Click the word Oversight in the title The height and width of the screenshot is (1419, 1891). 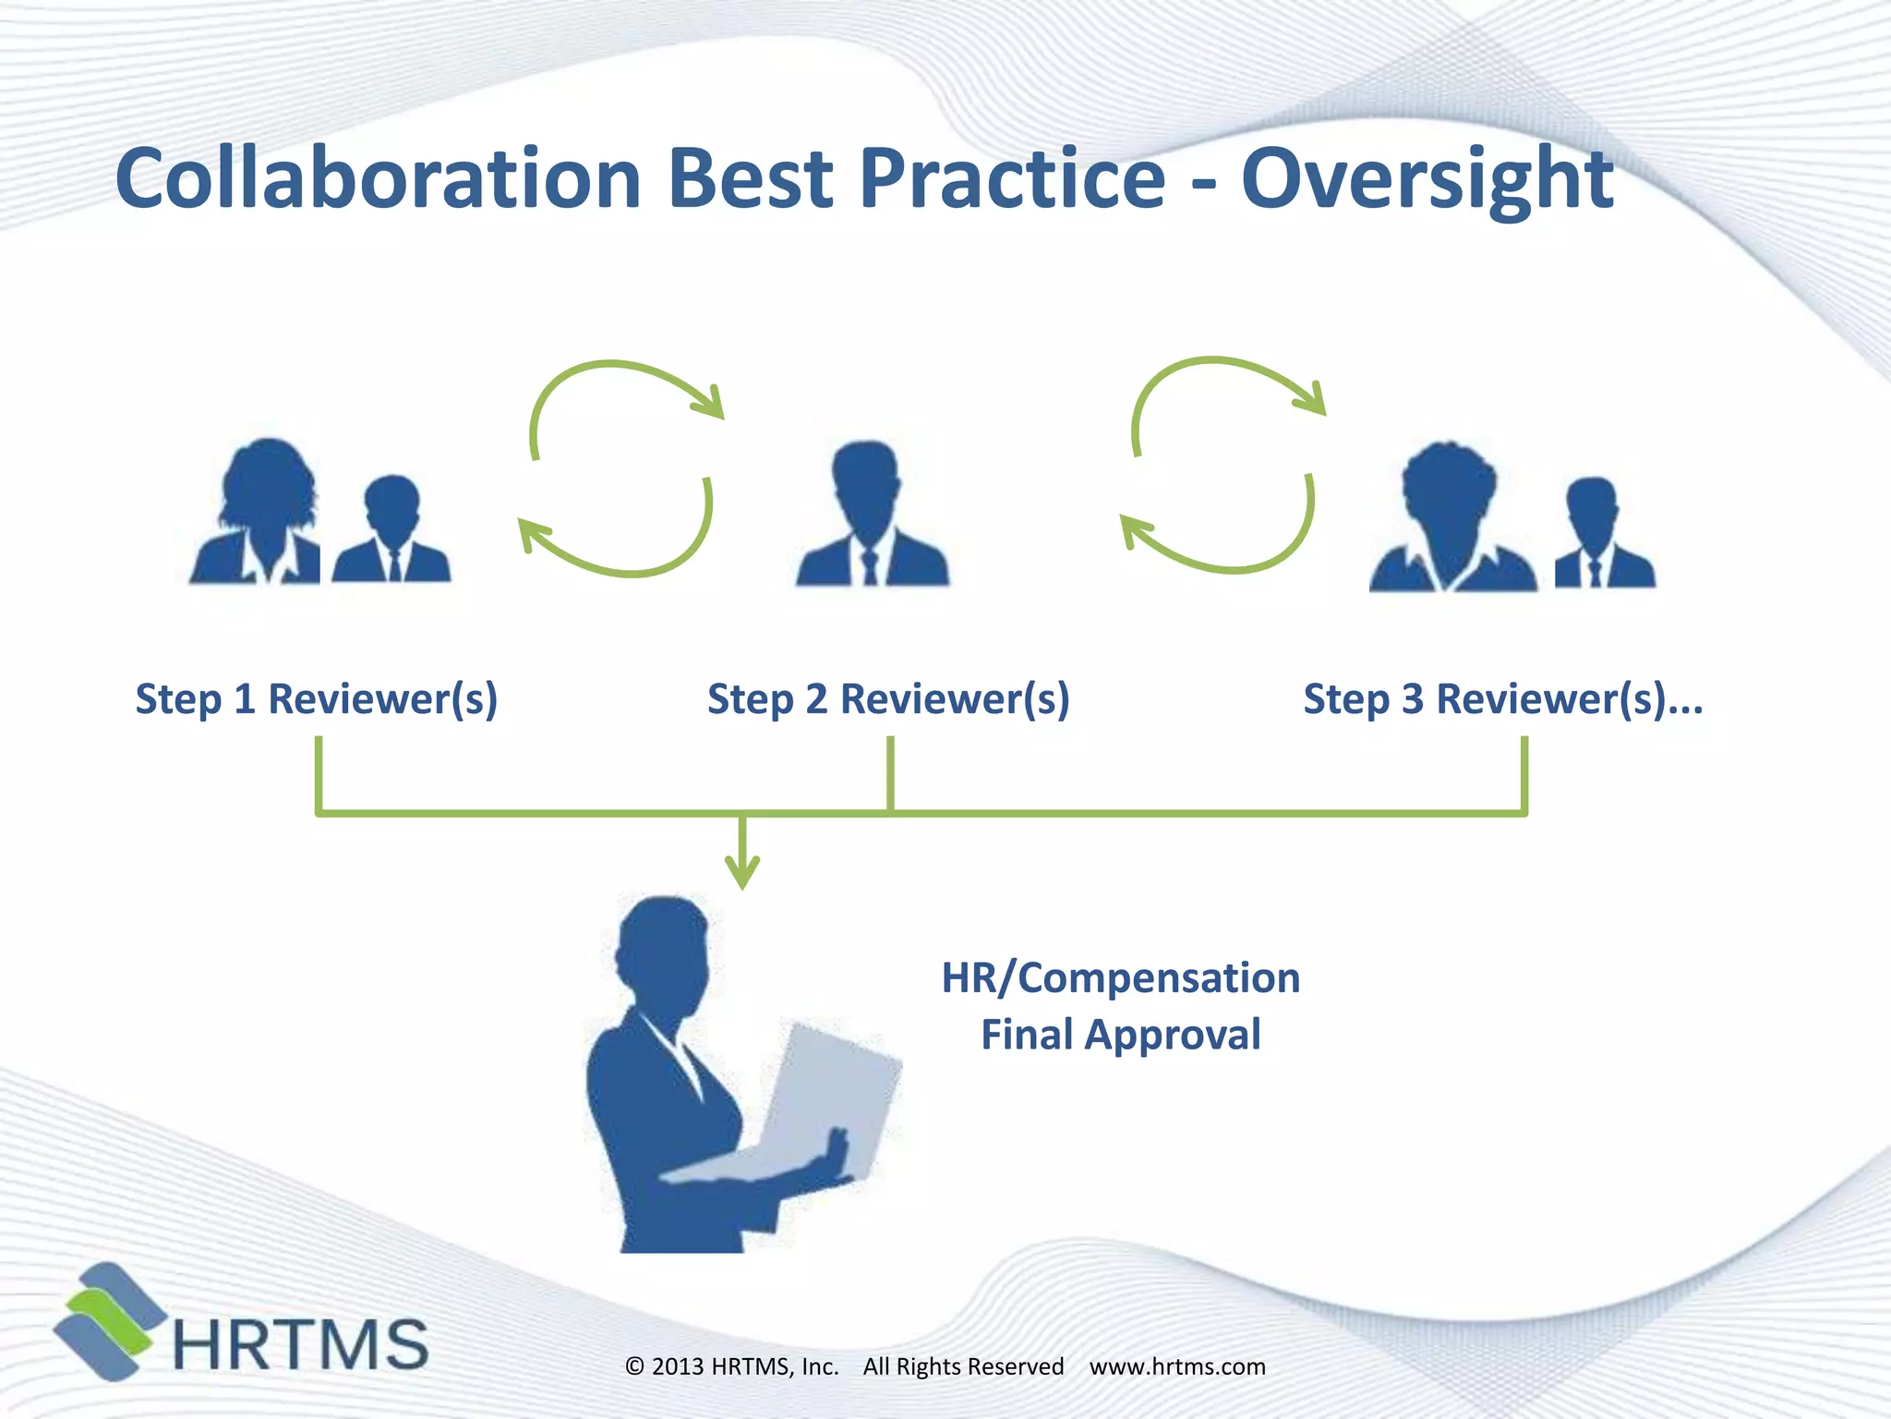1427,180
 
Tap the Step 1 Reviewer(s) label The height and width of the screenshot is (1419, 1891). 317,698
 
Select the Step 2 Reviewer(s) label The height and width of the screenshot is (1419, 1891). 888,698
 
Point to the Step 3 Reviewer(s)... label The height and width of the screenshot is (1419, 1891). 1502,698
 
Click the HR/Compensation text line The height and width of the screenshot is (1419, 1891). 1120,977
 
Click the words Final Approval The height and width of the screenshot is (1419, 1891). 1120,1035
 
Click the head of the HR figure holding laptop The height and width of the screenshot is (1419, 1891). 665,952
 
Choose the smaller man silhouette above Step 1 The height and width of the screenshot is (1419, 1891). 392,531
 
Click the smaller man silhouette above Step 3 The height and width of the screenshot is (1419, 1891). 1602,536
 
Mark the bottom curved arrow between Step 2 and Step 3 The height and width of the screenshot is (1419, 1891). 1228,554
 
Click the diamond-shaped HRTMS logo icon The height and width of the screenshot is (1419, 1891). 106,1321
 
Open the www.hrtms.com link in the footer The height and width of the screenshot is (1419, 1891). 1177,1366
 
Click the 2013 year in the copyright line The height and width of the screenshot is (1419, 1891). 678,1366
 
